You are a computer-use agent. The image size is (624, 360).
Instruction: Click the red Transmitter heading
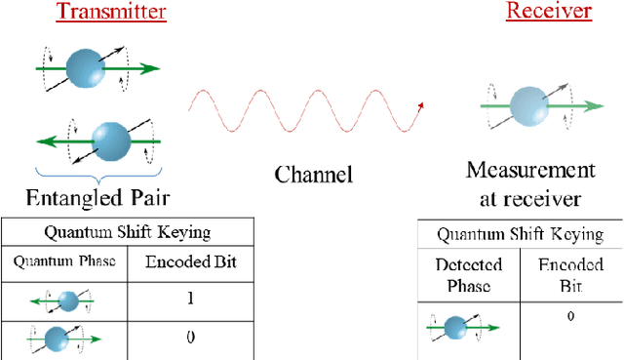[x=109, y=13]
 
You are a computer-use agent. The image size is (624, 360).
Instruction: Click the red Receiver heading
[x=548, y=12]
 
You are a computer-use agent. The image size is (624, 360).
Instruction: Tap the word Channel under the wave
[x=313, y=175]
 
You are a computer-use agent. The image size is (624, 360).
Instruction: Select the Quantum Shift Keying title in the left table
[x=128, y=231]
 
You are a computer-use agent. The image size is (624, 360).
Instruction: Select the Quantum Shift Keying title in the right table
[x=520, y=234]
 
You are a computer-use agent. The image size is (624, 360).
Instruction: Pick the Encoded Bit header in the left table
[x=190, y=260]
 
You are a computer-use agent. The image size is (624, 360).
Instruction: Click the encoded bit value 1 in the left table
[x=190, y=300]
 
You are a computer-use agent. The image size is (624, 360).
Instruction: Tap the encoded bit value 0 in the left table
[x=190, y=338]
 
